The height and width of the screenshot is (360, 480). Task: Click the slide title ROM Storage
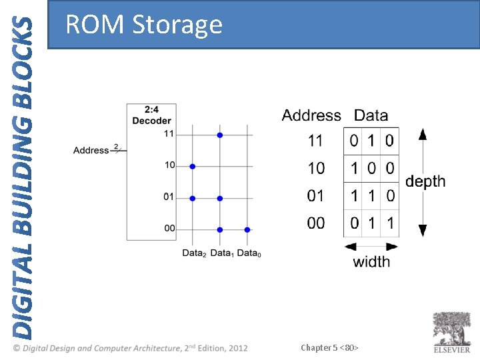coord(143,25)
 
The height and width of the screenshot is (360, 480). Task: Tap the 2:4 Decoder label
coord(151,115)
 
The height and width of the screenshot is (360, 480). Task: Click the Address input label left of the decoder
coord(91,150)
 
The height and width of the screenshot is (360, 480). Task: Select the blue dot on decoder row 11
coord(219,135)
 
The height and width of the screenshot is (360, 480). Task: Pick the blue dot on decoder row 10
coord(193,166)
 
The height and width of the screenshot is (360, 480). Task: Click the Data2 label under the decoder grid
coord(194,253)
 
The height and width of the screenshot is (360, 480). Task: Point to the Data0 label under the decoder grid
coord(249,253)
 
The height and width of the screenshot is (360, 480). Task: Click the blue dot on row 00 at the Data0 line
coord(247,229)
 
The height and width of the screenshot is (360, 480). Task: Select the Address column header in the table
coord(311,115)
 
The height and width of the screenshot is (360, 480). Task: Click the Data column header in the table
coord(371,115)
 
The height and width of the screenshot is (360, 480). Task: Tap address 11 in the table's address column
coord(316,141)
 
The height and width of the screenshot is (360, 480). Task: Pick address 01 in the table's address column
coord(316,196)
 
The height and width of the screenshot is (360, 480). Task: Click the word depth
coord(425,182)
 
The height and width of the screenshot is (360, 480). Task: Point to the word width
coord(371,261)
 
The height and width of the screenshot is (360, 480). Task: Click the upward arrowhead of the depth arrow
coord(422,134)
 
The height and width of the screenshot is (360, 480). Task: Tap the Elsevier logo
coord(452,331)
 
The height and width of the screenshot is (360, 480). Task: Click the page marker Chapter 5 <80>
coord(330,347)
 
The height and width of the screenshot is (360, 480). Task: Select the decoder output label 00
coord(169,228)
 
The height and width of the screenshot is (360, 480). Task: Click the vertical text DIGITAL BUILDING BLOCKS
coord(23,177)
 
